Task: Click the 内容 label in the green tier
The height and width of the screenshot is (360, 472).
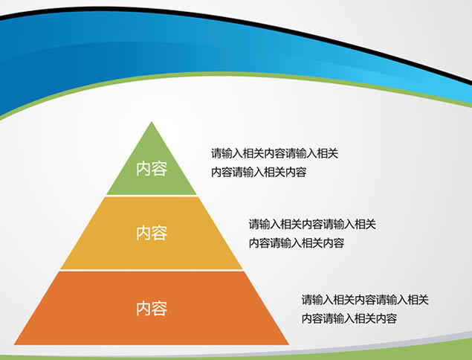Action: point(152,169)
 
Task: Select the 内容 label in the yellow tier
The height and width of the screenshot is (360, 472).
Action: point(152,233)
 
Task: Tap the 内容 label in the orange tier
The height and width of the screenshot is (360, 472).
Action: point(152,308)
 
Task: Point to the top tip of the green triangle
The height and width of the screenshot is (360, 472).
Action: point(152,122)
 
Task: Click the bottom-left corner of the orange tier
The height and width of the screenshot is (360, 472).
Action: point(16,344)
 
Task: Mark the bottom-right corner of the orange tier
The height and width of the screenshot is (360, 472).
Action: point(288,344)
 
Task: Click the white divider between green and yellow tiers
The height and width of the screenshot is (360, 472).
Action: point(152,196)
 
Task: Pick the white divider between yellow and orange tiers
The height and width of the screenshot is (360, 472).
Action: point(152,271)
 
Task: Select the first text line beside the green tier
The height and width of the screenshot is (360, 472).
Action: point(274,154)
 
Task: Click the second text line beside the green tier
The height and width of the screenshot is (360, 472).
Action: point(258,173)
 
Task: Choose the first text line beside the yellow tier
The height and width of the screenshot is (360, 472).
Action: point(312,223)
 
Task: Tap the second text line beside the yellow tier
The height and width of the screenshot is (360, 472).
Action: point(296,242)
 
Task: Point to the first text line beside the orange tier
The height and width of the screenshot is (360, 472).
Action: point(365,300)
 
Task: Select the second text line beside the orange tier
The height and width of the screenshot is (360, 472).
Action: point(349,318)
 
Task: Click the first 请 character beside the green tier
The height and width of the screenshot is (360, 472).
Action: point(216,154)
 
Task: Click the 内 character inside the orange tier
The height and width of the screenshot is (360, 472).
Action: point(143,308)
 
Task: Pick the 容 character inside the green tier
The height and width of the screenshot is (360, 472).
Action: point(160,169)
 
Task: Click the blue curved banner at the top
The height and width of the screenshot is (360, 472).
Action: point(223,52)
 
